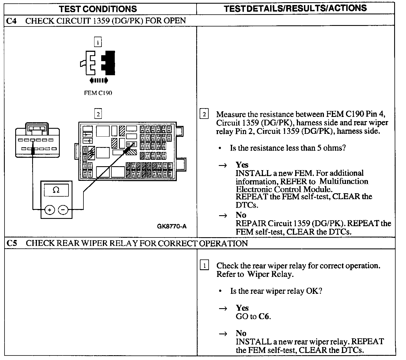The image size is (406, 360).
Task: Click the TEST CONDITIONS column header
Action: click(98, 9)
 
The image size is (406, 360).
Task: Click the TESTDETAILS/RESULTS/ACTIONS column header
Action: click(295, 8)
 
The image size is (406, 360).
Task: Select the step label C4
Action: click(12, 21)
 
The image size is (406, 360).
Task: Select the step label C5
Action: click(12, 243)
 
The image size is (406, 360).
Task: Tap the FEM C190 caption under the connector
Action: click(98, 93)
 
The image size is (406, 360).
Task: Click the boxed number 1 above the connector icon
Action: click(98, 43)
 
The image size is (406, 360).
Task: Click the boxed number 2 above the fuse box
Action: click(98, 114)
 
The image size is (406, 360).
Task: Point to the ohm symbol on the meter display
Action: click(56, 190)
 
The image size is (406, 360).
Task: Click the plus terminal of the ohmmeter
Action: click(50, 210)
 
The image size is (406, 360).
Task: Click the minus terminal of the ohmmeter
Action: click(63, 210)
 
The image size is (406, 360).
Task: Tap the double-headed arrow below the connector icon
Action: click(99, 81)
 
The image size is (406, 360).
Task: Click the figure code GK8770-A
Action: click(172, 226)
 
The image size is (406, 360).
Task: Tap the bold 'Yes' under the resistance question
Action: click(242, 165)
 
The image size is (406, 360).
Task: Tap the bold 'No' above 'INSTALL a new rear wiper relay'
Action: click(241, 334)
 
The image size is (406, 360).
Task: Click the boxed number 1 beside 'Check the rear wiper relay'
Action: click(204, 266)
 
